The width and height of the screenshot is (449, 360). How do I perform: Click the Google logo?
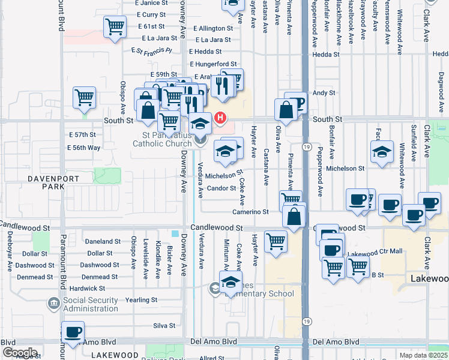click(20, 352)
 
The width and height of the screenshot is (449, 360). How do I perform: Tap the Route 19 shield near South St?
click(306, 147)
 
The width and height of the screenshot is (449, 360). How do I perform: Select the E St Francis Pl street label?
click(152, 51)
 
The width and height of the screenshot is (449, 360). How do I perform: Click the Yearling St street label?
click(141, 299)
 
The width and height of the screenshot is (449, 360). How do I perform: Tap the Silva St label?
click(164, 326)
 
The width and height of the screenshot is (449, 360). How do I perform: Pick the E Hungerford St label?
click(214, 64)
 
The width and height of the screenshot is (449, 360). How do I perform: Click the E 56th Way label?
click(84, 148)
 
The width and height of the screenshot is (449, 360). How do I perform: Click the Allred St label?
click(212, 358)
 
